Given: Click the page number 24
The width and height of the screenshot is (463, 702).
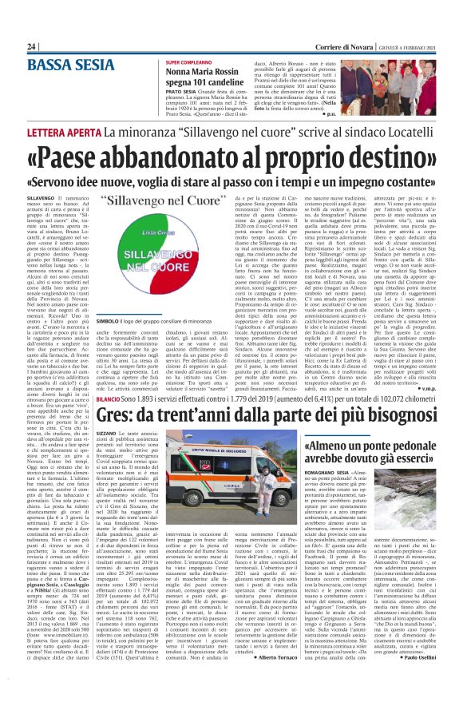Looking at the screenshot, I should (31, 47).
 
